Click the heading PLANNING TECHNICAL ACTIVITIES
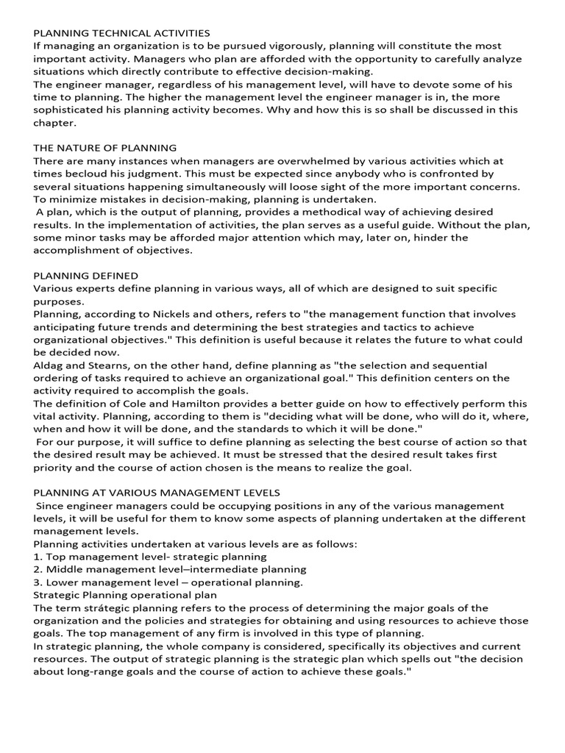click(121, 33)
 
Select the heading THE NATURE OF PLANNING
click(104, 148)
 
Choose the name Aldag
click(49, 365)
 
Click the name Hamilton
click(186, 404)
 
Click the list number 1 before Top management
click(38, 557)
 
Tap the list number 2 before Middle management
click(38, 569)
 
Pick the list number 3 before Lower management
click(38, 582)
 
